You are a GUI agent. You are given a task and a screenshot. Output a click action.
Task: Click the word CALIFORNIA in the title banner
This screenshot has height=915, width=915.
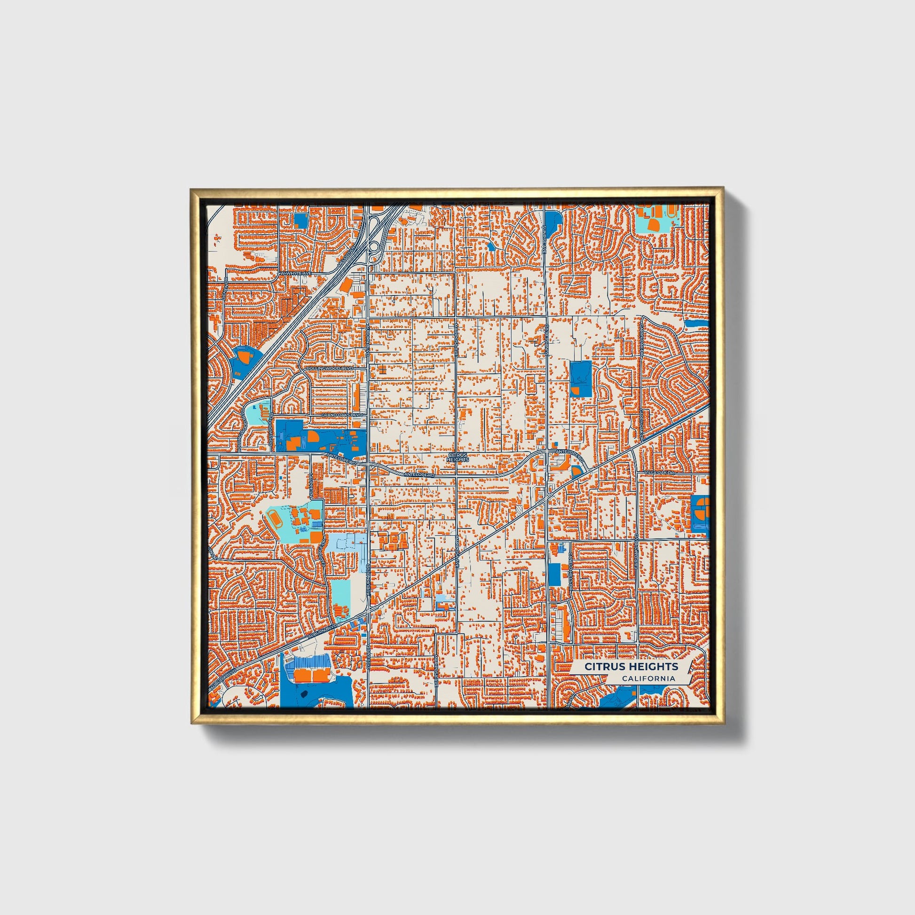tap(648, 678)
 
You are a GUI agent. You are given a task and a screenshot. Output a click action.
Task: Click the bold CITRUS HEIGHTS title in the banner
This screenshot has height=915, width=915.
tap(631, 666)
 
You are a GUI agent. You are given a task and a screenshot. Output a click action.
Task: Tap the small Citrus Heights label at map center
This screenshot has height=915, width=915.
tap(457, 457)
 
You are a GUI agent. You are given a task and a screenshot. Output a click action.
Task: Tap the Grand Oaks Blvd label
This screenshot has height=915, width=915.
tap(341, 415)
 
